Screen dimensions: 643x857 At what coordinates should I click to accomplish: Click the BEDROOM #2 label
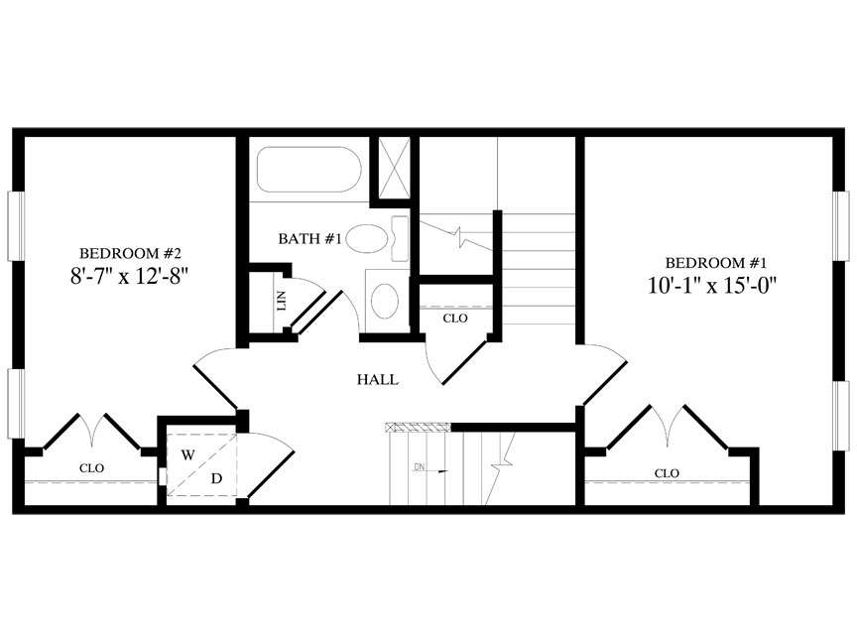(x=129, y=253)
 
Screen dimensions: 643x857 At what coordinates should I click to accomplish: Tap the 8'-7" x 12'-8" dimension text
(x=129, y=277)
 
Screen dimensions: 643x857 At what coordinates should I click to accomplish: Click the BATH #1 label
(x=309, y=239)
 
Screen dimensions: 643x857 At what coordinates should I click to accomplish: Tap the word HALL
(x=377, y=379)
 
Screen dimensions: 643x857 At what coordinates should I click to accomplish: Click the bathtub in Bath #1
(x=307, y=171)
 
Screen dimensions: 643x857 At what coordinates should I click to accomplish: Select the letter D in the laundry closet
(x=216, y=478)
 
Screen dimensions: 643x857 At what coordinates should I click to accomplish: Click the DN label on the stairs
(x=420, y=466)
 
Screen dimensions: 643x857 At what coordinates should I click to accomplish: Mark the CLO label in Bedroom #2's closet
(x=91, y=467)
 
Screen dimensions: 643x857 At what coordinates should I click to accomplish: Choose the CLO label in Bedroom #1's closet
(x=667, y=473)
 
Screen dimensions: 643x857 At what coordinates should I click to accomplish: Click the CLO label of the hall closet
(x=455, y=319)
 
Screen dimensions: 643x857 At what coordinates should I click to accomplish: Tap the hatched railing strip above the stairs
(x=418, y=428)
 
